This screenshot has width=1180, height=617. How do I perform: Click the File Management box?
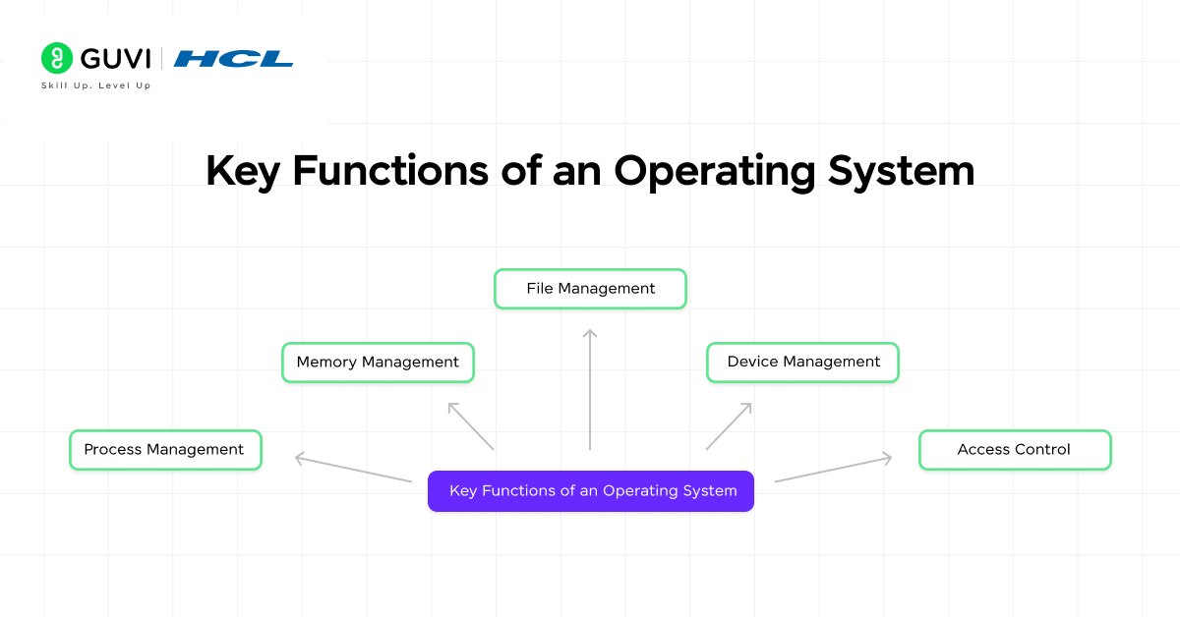point(590,289)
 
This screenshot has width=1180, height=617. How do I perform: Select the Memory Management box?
point(378,363)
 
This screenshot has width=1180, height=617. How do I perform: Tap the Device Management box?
point(802,363)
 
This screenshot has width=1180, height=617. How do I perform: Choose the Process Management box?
point(165,450)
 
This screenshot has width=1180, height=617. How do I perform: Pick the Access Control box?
point(1014,450)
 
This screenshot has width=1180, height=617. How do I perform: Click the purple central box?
point(590,491)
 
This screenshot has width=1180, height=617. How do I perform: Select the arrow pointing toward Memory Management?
point(471,425)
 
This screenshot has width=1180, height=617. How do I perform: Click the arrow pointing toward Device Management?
point(729,425)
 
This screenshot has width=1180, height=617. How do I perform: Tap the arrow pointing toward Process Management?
point(353,468)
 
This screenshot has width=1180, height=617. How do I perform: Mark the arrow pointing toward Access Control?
point(833,469)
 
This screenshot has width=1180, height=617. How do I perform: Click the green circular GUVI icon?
point(57,59)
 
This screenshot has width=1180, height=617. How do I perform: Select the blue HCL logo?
point(233,59)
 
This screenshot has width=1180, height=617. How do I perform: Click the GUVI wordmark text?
point(115,59)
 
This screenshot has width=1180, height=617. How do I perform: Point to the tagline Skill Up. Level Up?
point(95,85)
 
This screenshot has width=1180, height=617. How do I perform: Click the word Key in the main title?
point(243,171)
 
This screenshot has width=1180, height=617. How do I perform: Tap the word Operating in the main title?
point(714,171)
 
